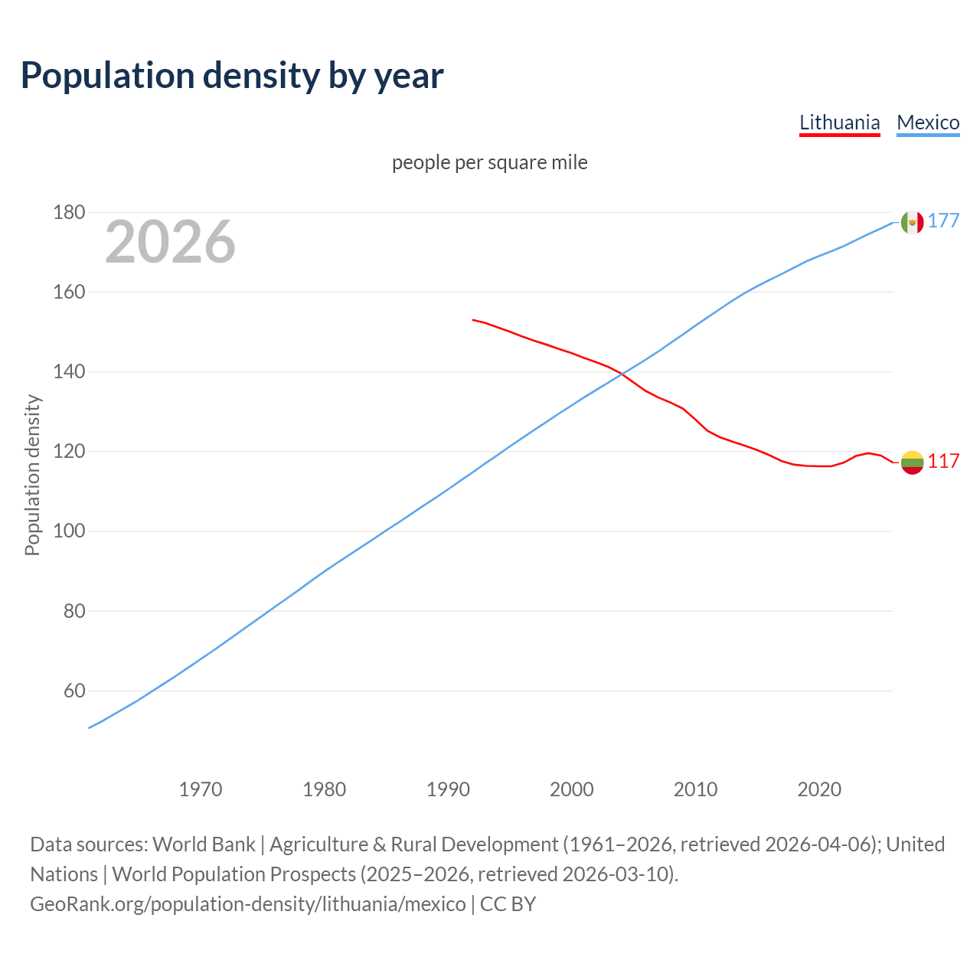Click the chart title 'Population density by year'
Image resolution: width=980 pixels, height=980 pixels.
[x=232, y=75]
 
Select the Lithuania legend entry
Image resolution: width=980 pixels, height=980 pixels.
[x=839, y=122]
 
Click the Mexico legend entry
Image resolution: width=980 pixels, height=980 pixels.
[x=928, y=122]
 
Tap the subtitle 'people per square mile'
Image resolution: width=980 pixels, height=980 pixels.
[x=489, y=162]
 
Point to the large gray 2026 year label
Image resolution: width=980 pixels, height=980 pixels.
[x=170, y=242]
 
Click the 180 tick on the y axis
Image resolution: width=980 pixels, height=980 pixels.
[x=69, y=212]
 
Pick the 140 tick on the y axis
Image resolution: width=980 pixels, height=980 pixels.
[x=69, y=372]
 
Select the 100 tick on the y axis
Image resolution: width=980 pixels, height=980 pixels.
[x=69, y=531]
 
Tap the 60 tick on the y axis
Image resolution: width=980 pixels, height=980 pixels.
[x=73, y=691]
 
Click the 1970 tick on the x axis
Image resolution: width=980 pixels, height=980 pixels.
[x=201, y=789]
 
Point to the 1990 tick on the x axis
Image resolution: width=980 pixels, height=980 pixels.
[x=448, y=789]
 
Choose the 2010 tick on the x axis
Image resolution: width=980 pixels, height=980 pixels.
[x=695, y=789]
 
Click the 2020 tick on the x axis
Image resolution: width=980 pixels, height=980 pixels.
[x=819, y=789]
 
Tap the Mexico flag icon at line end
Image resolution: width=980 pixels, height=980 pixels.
[x=912, y=222]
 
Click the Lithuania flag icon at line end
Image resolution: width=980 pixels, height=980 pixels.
[x=912, y=462]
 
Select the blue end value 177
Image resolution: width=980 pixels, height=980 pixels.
[x=943, y=221]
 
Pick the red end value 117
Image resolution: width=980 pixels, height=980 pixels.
[x=943, y=461]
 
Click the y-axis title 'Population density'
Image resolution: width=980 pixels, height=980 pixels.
[x=32, y=475]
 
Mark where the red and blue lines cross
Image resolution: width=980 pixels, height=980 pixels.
[x=621, y=374]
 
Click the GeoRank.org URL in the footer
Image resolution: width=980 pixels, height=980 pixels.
[x=247, y=903]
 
